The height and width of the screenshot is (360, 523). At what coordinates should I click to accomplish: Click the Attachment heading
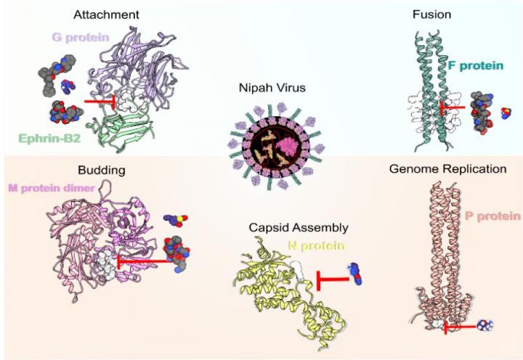tap(107, 15)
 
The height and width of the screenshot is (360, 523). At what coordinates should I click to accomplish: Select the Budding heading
tap(101, 171)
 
